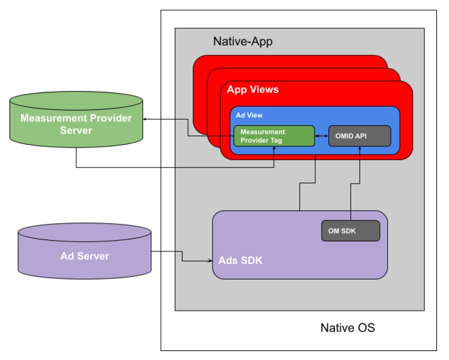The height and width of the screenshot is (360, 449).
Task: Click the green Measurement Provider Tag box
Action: tap(274, 136)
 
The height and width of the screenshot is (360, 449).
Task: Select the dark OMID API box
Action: tap(360, 136)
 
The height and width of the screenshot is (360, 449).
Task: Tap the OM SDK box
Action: tap(351, 230)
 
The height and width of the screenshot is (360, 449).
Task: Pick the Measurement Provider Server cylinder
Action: tap(76, 122)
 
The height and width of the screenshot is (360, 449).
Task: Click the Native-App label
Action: tap(243, 42)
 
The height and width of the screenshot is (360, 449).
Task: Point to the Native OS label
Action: tap(348, 328)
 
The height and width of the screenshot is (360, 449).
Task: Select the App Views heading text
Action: tap(253, 90)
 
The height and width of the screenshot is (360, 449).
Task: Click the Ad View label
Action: tap(249, 115)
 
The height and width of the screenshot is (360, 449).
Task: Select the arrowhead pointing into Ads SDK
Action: tap(209, 261)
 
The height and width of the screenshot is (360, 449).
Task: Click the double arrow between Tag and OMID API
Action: tap(322, 136)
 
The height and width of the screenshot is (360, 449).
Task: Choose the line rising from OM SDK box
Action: tap(359, 192)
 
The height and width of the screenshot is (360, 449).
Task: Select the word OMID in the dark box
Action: tap(351, 136)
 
